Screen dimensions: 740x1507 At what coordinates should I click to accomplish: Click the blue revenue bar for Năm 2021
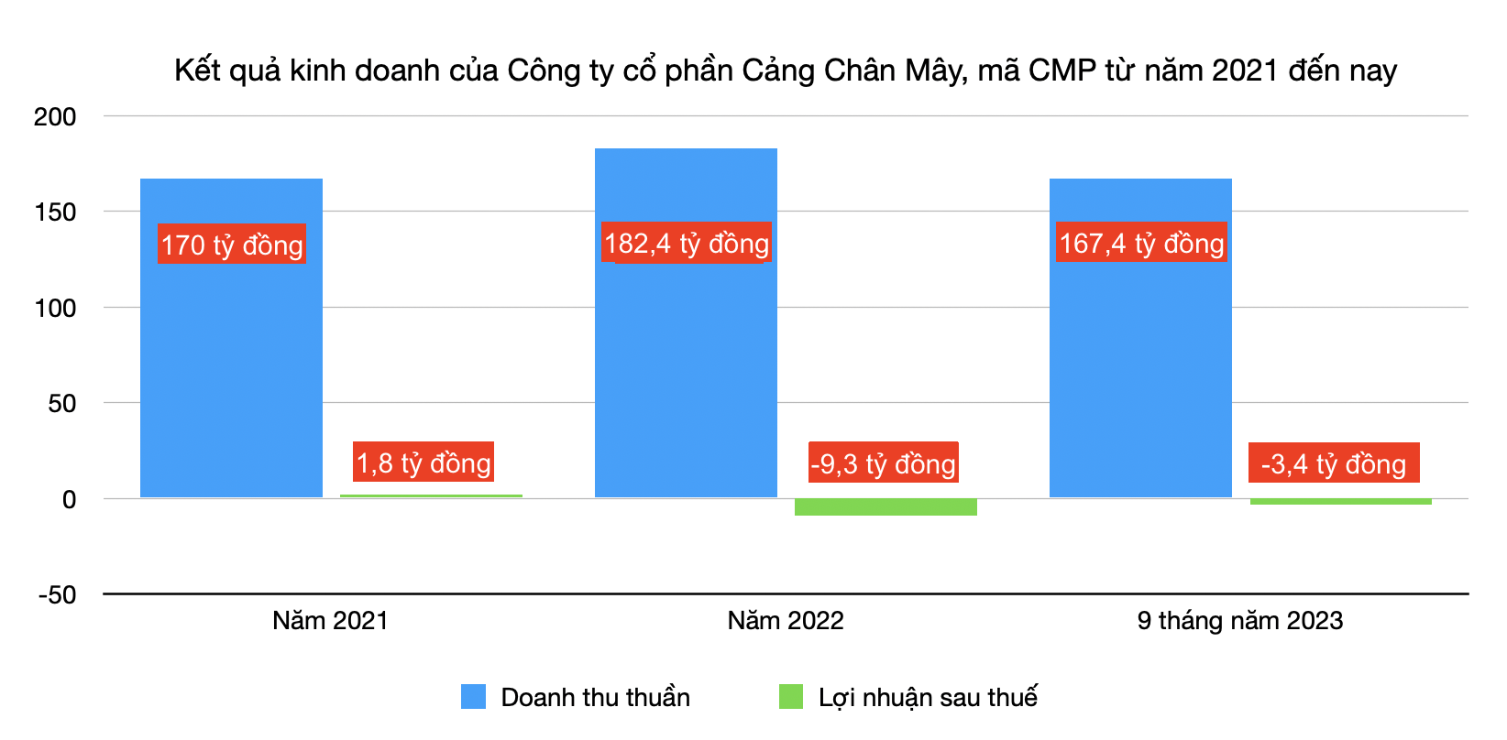[231, 366]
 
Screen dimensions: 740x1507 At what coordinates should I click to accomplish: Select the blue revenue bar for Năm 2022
[686, 366]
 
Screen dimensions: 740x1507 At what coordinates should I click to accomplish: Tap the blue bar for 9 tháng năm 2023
[1140, 366]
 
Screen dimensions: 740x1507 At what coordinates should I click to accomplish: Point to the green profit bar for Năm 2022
[885, 507]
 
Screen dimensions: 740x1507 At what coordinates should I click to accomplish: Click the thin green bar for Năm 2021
[431, 496]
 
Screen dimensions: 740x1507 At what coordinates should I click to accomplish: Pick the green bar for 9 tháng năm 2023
[1340, 502]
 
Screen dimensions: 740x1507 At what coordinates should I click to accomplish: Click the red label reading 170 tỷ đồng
[232, 245]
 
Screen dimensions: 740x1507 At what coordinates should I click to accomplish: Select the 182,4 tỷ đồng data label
[687, 243]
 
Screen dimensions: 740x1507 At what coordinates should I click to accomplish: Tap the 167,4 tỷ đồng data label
[1141, 243]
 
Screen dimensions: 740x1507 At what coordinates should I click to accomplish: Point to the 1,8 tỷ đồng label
[423, 462]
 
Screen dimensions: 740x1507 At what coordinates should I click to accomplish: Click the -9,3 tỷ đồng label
[883, 462]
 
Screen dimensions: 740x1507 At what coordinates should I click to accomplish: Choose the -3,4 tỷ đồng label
[1334, 463]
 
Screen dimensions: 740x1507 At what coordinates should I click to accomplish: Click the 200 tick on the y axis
[55, 117]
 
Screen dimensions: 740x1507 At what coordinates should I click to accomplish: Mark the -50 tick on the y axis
[57, 595]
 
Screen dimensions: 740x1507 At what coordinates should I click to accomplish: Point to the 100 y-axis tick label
[55, 309]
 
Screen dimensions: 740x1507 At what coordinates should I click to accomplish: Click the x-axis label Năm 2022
[786, 621]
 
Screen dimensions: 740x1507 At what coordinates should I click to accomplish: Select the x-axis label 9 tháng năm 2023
[1239, 621]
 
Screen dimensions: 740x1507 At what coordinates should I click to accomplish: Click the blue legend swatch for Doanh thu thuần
[473, 697]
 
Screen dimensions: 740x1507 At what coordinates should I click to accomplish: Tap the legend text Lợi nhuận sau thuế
[928, 698]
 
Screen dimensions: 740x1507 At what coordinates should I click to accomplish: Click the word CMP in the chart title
[1062, 71]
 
